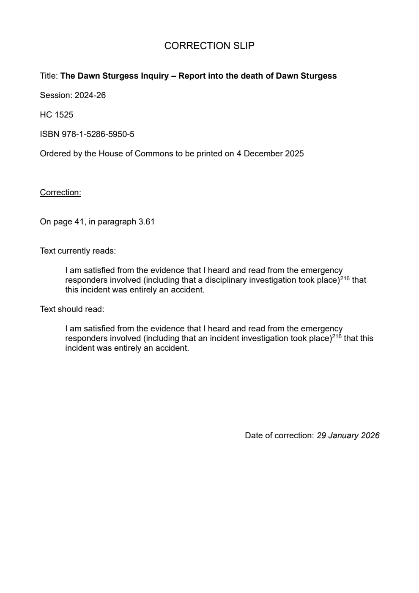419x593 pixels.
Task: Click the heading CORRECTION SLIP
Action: [x=209, y=46]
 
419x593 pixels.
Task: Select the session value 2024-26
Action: [x=90, y=96]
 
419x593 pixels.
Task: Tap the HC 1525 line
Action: [x=57, y=115]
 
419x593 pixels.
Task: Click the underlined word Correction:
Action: [x=60, y=193]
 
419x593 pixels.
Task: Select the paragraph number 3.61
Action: [x=146, y=222]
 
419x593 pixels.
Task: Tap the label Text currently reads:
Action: [x=78, y=251]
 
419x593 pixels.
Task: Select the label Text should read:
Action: [x=72, y=309]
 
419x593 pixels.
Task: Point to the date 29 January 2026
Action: [x=348, y=436]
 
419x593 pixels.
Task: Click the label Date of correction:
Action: [x=279, y=436]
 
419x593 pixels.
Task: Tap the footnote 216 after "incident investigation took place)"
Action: [x=337, y=336]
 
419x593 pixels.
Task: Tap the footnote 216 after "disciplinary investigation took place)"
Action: [x=345, y=278]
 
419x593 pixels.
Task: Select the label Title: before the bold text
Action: [x=49, y=76]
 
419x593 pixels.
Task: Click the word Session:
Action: [x=56, y=96]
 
